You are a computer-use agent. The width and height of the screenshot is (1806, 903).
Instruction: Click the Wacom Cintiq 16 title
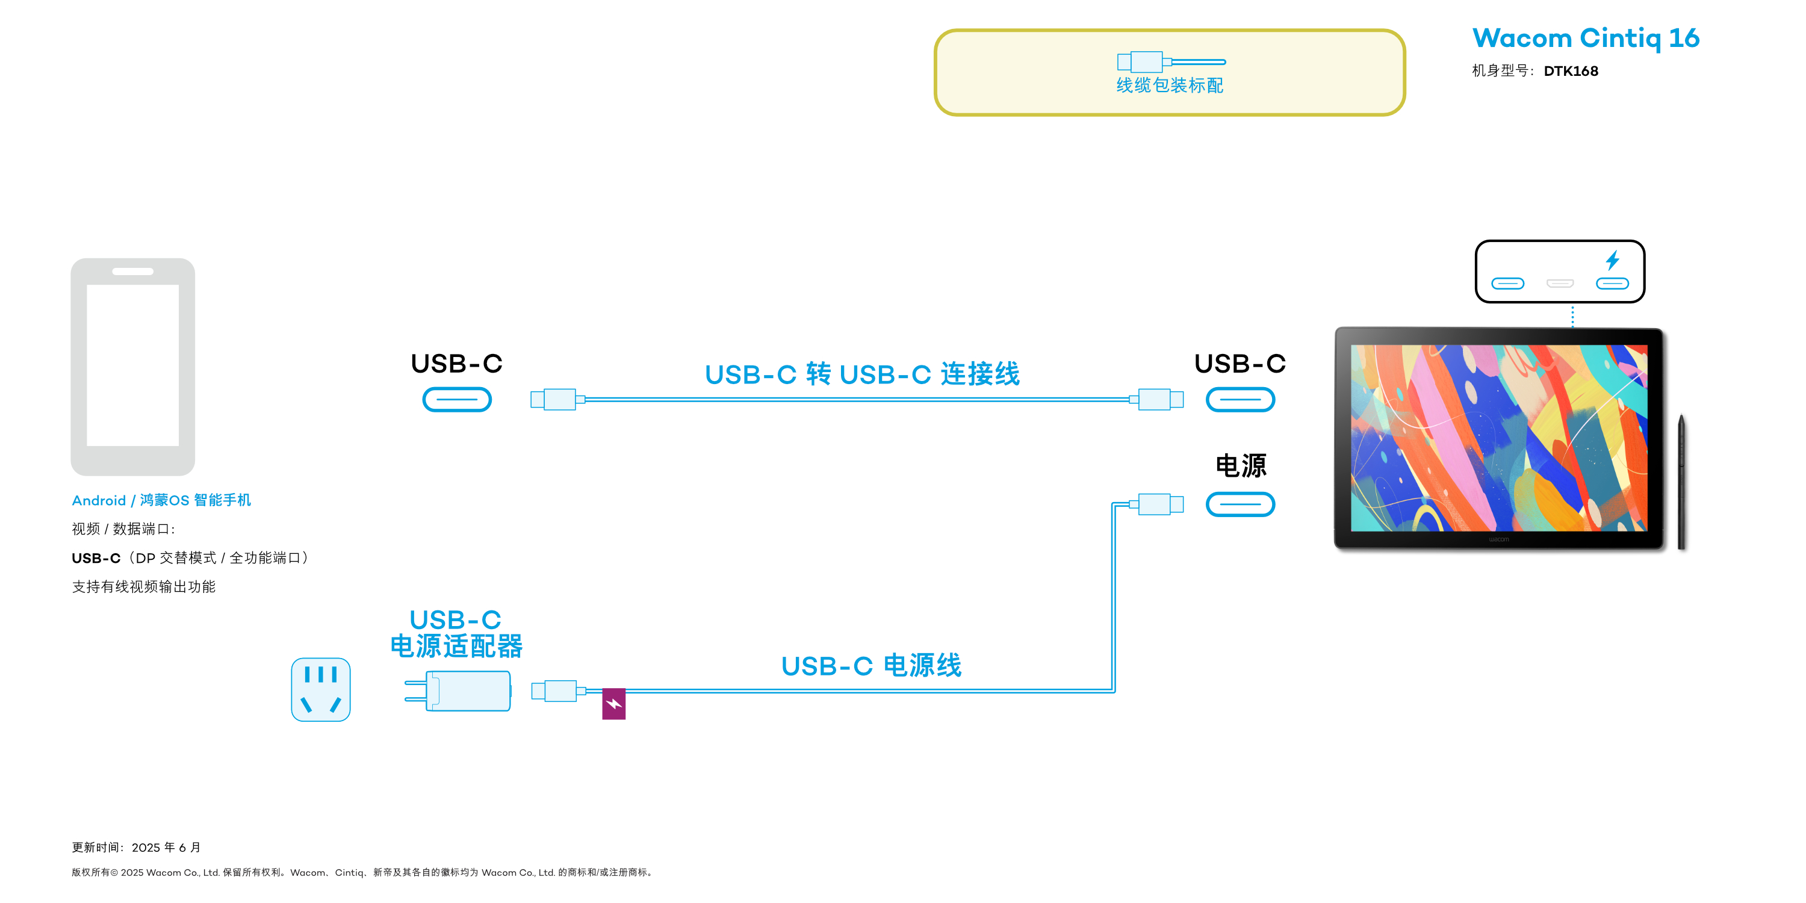[1585, 38]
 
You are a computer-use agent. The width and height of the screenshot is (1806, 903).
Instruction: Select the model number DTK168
[1571, 71]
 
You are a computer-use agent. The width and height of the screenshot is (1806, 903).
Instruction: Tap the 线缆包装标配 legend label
[1170, 85]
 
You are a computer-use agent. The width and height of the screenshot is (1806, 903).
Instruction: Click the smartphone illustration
[132, 366]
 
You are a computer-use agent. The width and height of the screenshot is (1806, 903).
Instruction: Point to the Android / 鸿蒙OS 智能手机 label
[161, 500]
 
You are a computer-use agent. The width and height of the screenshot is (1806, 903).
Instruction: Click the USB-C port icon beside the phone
[456, 400]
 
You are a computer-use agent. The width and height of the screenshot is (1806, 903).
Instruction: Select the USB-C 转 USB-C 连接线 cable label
[861, 374]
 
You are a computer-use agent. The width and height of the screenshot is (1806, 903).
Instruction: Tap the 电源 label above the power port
[1240, 465]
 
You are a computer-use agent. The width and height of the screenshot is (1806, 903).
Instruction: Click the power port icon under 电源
[1240, 504]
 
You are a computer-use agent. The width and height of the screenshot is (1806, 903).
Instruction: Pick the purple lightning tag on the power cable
[613, 704]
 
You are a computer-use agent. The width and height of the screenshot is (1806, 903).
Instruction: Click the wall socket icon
[320, 689]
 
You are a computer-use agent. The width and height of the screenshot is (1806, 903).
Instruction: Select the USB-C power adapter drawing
[459, 690]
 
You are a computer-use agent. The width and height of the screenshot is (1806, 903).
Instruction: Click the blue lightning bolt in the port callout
[1613, 260]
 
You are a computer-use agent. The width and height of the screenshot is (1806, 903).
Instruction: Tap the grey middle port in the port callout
[1560, 283]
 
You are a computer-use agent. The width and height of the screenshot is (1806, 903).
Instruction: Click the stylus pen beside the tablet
[1681, 482]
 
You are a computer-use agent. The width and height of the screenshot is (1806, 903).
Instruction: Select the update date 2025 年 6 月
[166, 847]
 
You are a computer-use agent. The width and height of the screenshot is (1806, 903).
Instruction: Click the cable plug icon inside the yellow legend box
[1170, 61]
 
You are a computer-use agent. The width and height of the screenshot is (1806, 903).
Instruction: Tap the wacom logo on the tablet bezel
[1498, 539]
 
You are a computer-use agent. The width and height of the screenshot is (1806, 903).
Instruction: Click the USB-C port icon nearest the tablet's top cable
[1240, 400]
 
